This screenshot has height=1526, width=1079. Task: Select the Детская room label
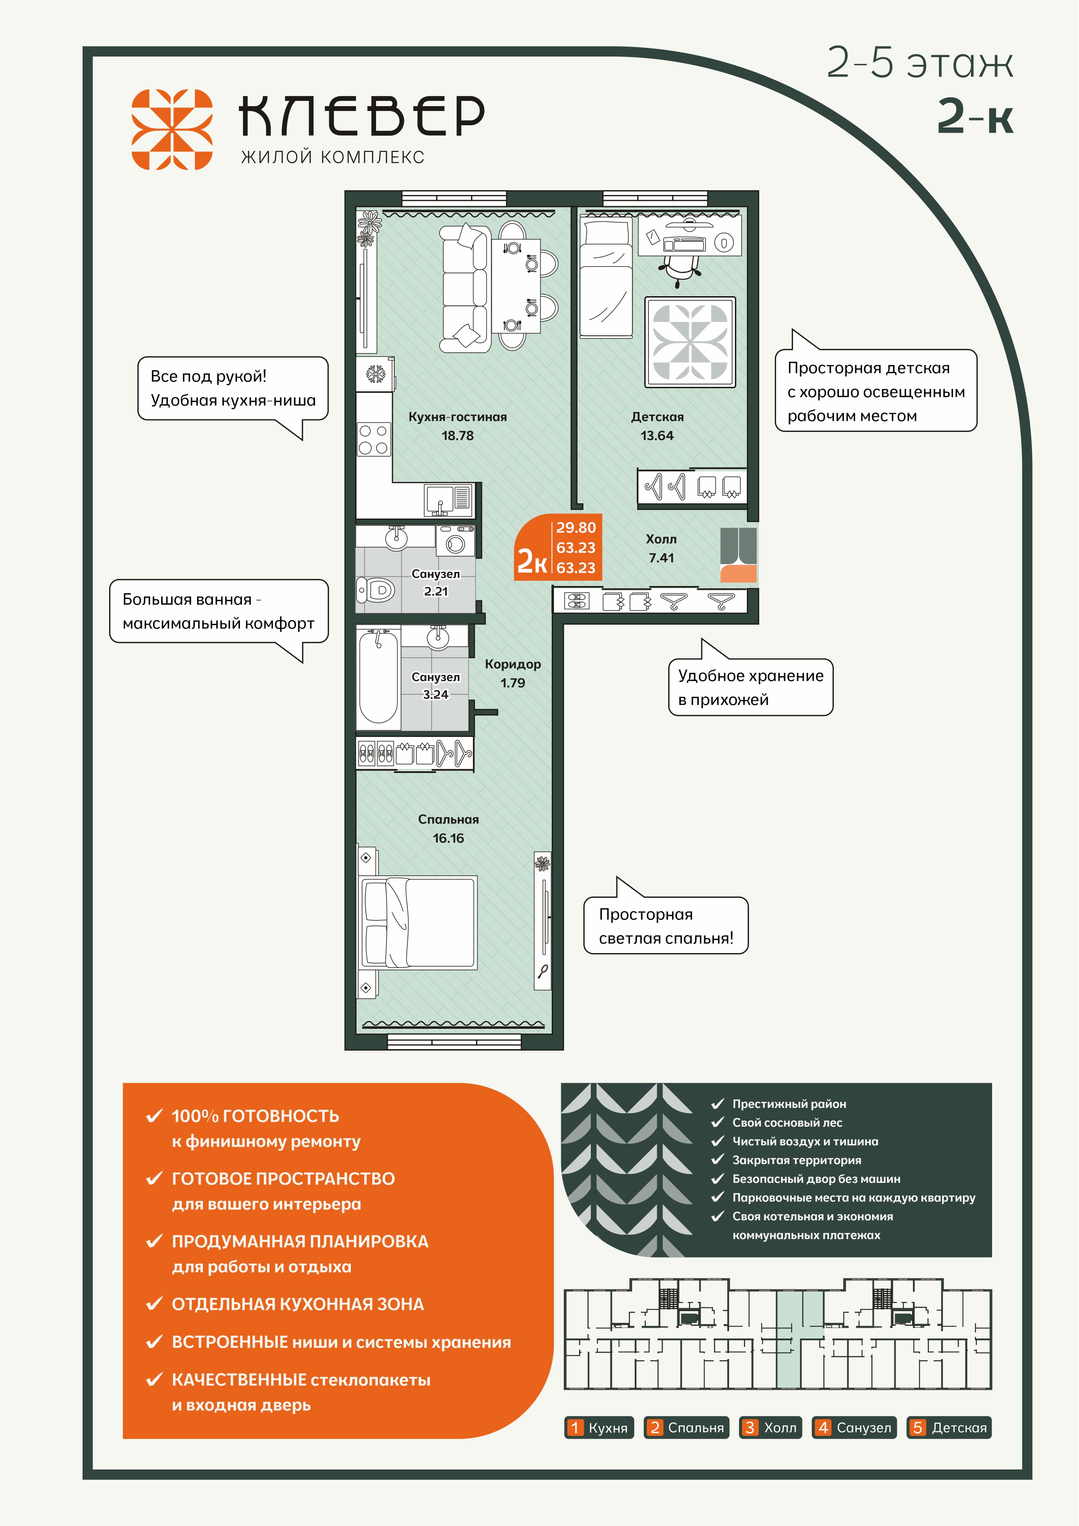657,418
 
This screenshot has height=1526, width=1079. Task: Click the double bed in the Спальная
419,923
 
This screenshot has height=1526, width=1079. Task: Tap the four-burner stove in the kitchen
373,439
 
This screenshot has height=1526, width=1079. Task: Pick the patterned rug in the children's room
690,342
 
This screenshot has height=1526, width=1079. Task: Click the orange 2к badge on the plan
557,547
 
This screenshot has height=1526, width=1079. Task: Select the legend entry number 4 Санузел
854,1428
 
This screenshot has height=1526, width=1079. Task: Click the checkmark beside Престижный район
717,1104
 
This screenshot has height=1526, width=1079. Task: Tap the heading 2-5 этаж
919,64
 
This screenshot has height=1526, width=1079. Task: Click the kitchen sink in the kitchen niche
439,500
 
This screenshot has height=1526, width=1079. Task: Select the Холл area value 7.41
661,558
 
